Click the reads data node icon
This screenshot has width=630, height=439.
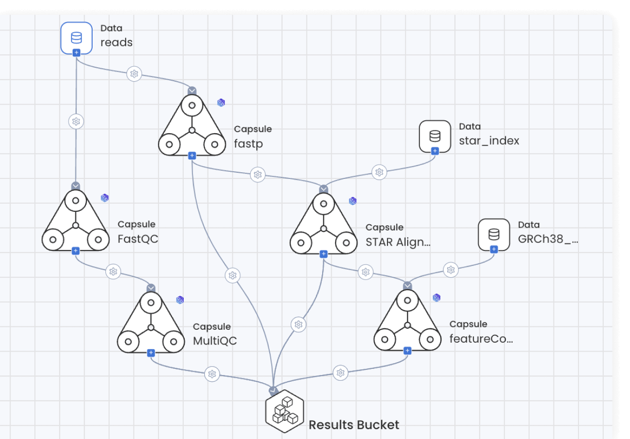[76, 37]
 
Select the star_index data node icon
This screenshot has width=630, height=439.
[435, 136]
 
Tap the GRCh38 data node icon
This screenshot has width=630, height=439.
[494, 234]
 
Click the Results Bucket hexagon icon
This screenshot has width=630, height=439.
[285, 411]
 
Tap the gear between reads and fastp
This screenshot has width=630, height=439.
[134, 74]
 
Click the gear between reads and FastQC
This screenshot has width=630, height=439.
[76, 122]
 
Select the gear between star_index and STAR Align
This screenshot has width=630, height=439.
[379, 172]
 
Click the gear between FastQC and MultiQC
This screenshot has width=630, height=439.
[113, 272]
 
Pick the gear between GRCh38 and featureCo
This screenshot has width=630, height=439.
[451, 270]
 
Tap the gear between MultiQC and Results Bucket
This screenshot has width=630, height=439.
[212, 374]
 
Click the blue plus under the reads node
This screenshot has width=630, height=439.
[76, 53]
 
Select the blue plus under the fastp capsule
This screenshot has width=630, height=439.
[192, 156]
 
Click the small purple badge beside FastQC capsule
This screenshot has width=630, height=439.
[105, 198]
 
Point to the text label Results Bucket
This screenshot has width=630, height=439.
[354, 425]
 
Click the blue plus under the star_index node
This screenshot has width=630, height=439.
[435, 151]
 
